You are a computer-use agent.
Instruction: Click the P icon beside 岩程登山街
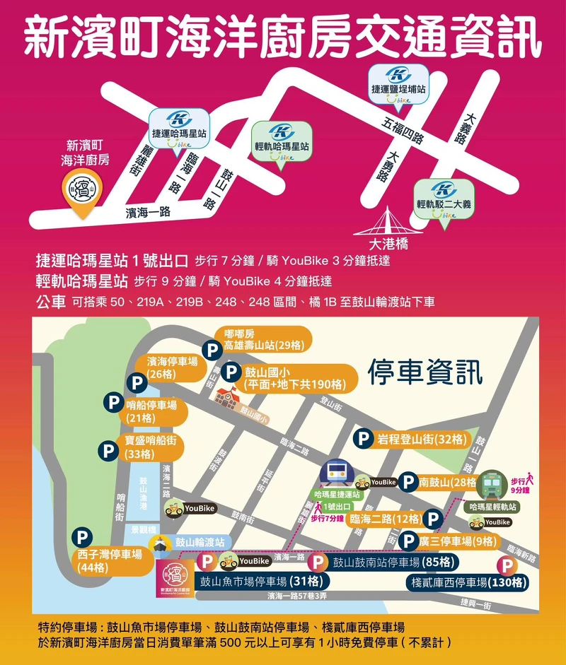coord(363,439)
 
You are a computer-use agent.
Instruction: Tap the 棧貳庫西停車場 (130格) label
coord(469,582)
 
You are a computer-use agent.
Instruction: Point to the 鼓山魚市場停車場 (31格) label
coord(261,582)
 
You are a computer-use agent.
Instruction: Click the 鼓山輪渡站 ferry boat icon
coord(158,542)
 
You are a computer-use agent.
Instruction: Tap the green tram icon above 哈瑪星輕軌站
coord(492,484)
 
